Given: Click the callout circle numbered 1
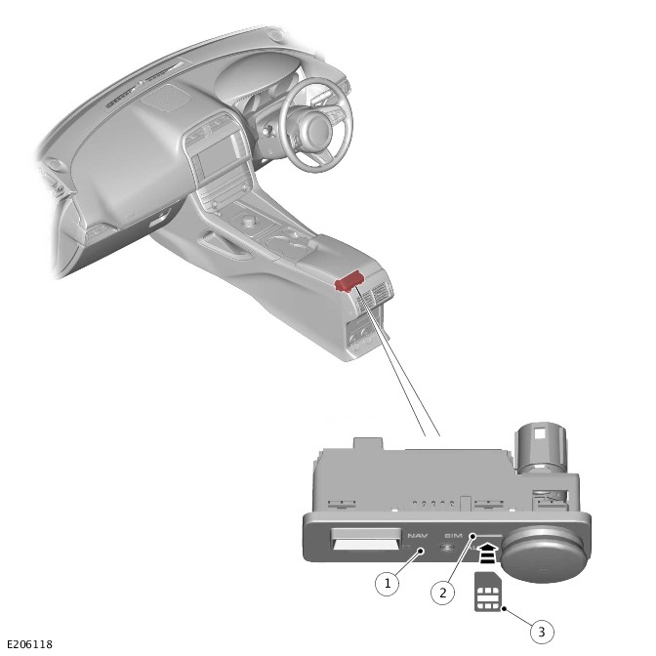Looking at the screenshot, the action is (387, 583).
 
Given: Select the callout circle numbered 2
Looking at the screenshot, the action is (442, 592).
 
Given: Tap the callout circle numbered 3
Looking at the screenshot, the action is (542, 632).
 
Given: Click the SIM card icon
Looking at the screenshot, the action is (487, 592).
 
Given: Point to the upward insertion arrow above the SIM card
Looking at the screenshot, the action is (488, 553).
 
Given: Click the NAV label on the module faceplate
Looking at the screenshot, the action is (418, 536).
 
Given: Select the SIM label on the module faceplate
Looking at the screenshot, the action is (454, 536).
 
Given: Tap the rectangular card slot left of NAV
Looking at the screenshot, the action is (366, 539).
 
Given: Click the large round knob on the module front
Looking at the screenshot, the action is (544, 553).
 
